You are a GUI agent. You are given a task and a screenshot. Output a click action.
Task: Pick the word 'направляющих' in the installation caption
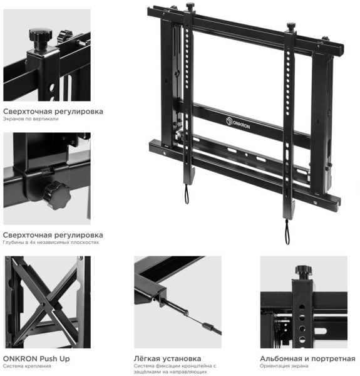tap(187, 372)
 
